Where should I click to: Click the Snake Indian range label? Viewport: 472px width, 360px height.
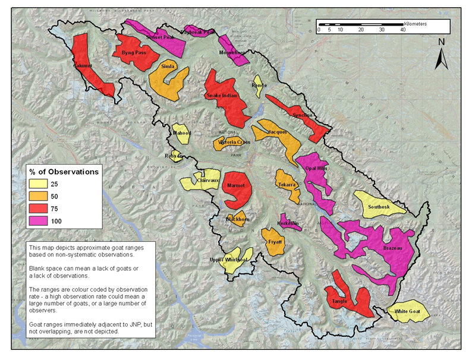[x=224, y=96]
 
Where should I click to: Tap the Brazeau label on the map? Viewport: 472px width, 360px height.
[x=394, y=247]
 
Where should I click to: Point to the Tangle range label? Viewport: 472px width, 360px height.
[x=339, y=301]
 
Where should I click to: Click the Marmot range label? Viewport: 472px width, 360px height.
[x=236, y=186]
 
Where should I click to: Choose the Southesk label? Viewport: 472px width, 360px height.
[x=379, y=207]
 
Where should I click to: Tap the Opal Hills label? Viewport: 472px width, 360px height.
[x=316, y=168]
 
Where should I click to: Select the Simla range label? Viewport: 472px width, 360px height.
[x=168, y=67]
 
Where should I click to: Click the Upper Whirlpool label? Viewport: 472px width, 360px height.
[x=228, y=260]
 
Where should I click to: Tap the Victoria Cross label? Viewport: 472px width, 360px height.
[x=234, y=143]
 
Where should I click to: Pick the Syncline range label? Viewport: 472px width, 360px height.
[x=303, y=115]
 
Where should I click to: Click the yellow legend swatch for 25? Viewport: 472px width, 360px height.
[x=40, y=184]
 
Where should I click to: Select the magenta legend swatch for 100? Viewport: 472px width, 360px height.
[x=40, y=221]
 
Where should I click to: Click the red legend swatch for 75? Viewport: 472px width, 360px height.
[x=40, y=209]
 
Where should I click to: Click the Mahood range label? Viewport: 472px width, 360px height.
[x=181, y=133]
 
